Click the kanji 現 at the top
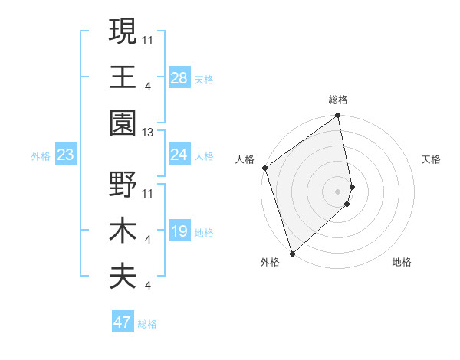[123, 31]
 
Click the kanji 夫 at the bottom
[123, 276]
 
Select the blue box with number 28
[179, 77]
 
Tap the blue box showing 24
[179, 155]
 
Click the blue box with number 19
[179, 231]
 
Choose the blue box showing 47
[123, 322]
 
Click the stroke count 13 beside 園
[149, 133]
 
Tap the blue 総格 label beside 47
[147, 324]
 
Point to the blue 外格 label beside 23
[41, 156]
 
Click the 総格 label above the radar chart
[338, 100]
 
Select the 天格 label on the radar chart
[432, 159]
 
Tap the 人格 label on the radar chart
[245, 159]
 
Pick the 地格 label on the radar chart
[402, 262]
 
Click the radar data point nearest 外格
[292, 253]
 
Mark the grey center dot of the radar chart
[337, 191]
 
